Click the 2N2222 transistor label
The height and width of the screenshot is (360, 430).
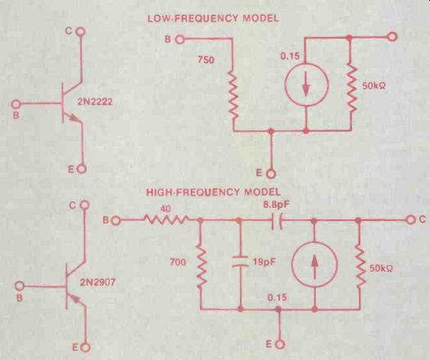coord(95,102)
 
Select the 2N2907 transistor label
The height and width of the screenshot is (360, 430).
coord(97,282)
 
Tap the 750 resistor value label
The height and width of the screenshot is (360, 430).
coord(206,60)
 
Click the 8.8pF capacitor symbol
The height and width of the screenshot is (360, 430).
coord(277,220)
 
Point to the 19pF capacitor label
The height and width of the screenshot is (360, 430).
coord(264,262)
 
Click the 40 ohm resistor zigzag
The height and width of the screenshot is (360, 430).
coord(166,219)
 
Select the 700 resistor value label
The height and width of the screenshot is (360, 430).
coord(178,263)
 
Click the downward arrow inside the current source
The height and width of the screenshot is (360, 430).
coord(306,84)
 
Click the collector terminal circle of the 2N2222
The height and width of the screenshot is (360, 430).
coord(80,32)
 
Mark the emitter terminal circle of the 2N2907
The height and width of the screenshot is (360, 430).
coord(86,347)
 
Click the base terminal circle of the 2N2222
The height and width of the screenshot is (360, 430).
coord(16,104)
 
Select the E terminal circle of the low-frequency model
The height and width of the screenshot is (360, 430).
coord(270,173)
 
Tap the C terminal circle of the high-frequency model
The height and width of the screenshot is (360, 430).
coord(410,219)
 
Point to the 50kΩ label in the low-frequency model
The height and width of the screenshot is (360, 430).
coord(374,86)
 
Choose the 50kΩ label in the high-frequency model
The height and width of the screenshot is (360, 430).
coord(381,268)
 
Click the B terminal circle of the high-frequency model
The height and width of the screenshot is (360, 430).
coord(115,220)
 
